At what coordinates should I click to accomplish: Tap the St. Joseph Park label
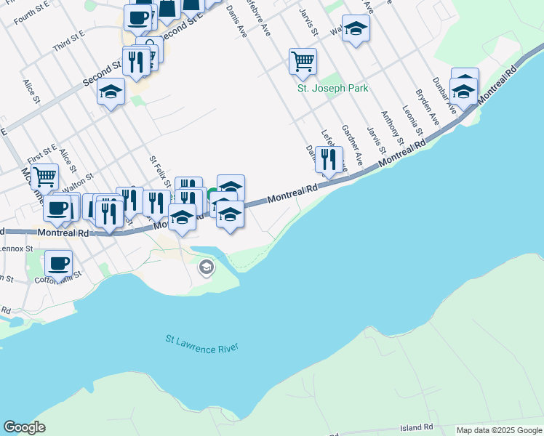332,89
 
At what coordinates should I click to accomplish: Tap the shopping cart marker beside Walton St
45,176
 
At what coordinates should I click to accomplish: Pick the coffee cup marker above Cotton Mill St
58,262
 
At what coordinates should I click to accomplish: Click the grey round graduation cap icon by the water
207,268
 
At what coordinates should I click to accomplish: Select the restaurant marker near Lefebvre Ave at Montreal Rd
329,159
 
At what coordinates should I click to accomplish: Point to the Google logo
24,427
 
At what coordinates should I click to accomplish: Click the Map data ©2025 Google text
499,430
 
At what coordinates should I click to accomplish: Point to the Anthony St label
392,124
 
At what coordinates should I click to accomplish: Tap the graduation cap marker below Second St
111,92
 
